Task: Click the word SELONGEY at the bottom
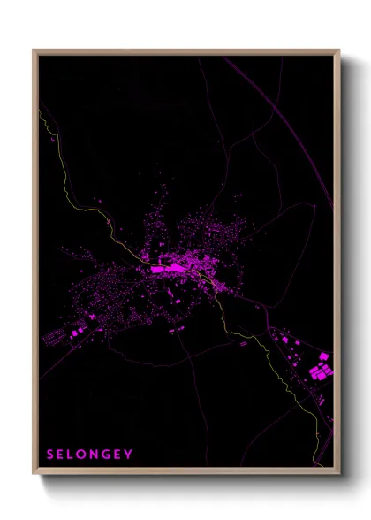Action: click(x=90, y=455)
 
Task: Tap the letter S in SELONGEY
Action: click(x=50, y=455)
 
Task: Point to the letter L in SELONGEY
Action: click(x=73, y=455)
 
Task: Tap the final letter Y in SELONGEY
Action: click(x=130, y=455)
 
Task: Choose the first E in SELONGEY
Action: click(x=62, y=455)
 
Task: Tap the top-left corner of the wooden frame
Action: click(x=34, y=50)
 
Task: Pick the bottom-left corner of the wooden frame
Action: click(x=34, y=472)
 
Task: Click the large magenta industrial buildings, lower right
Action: click(x=320, y=370)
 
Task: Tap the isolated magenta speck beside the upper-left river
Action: click(x=54, y=140)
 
